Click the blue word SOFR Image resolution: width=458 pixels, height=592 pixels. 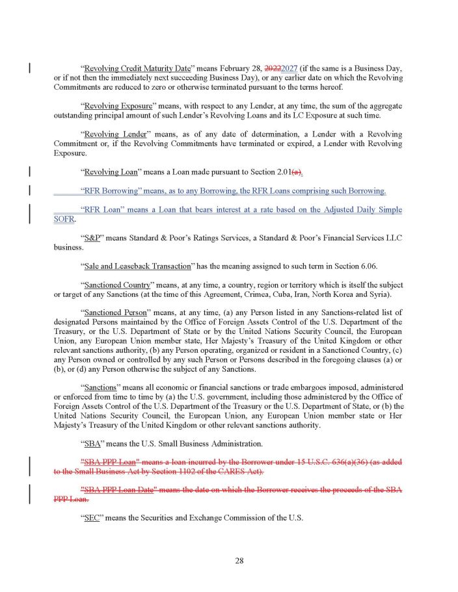point(64,220)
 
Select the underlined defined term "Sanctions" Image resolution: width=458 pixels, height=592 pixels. point(101,387)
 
